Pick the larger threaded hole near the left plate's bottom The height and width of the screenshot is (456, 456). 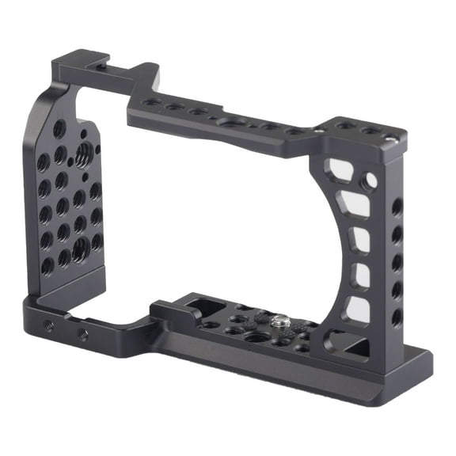coord(80,249)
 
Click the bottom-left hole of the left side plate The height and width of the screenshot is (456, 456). coord(47,265)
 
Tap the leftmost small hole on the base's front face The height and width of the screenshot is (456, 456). coord(49,325)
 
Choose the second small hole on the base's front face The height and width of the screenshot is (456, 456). coord(82,335)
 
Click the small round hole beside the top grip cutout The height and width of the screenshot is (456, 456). coord(369,182)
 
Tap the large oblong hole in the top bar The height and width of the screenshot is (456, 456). coord(232,123)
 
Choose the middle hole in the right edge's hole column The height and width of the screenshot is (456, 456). coord(397,262)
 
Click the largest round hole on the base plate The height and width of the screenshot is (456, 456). coord(256,336)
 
